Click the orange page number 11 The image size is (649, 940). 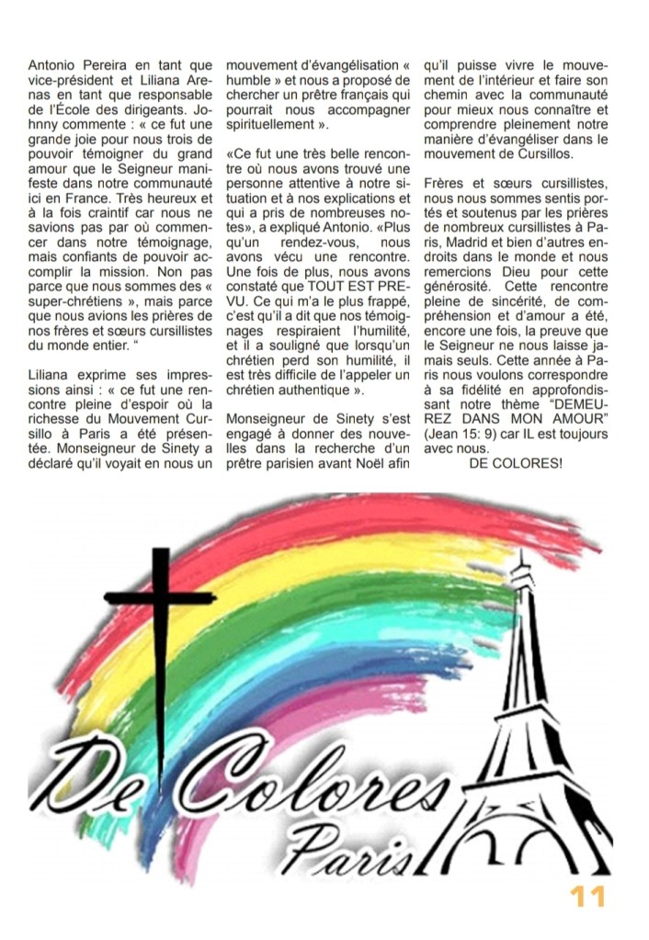pyautogui.click(x=587, y=896)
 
